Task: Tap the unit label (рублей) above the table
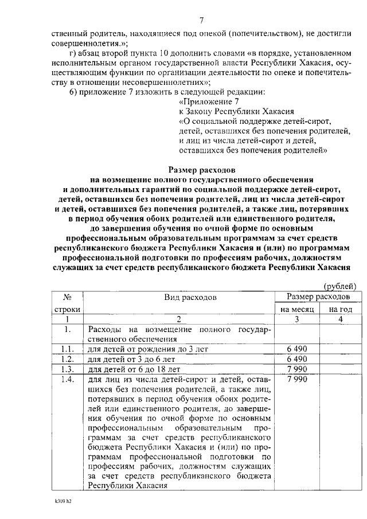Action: click(x=341, y=286)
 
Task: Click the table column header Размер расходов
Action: click(x=318, y=297)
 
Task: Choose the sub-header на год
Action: click(x=340, y=309)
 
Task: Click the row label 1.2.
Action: click(x=68, y=358)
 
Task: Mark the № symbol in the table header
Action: click(x=67, y=298)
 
